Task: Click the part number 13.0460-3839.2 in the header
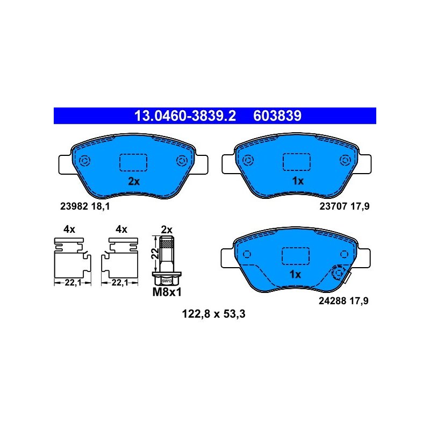coord(185,116)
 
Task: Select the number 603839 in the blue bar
coord(277,116)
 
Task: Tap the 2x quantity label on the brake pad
coord(134,181)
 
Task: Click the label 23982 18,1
coord(85,206)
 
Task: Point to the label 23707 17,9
coord(345,206)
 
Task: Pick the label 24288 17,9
coord(343,301)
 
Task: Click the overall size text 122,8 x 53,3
coord(213,314)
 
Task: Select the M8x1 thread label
coord(167,292)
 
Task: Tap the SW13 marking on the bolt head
coord(167,281)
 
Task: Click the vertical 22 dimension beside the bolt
coord(155,254)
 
